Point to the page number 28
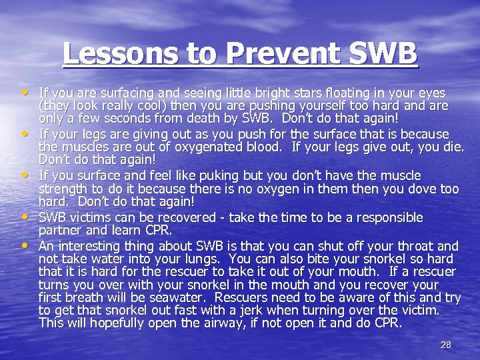446,345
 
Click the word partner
62,231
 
